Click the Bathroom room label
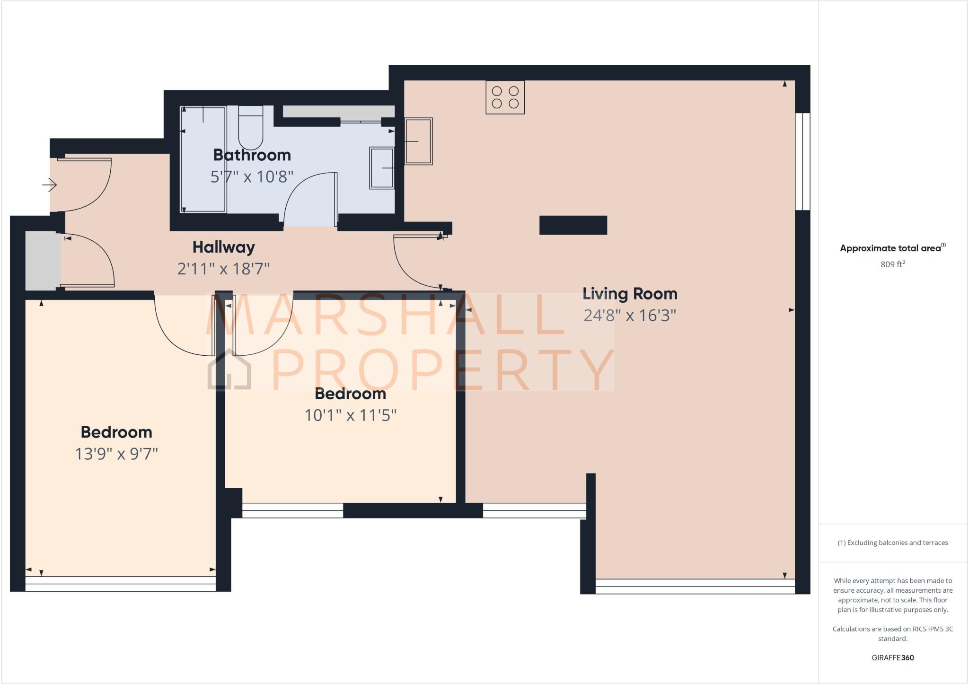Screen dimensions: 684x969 252,155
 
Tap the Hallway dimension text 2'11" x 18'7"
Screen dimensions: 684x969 223,269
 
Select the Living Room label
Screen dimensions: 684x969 630,294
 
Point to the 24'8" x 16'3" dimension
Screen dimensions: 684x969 630,315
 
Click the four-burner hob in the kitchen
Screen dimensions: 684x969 505,97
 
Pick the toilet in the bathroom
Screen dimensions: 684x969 250,128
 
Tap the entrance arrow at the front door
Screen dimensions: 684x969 50,184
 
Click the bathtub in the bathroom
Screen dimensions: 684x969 203,159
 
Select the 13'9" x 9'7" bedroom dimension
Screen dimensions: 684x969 116,454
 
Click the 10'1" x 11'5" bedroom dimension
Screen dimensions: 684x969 350,415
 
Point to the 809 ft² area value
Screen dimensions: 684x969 892,264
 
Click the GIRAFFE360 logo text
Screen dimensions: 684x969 892,658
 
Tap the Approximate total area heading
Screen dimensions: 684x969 892,248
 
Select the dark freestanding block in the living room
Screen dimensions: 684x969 573,225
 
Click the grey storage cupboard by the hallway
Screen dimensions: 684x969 43,261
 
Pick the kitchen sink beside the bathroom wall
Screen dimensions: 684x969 418,141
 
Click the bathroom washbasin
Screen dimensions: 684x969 382,168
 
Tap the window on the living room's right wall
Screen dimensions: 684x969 802,161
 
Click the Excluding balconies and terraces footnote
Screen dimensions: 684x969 892,543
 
